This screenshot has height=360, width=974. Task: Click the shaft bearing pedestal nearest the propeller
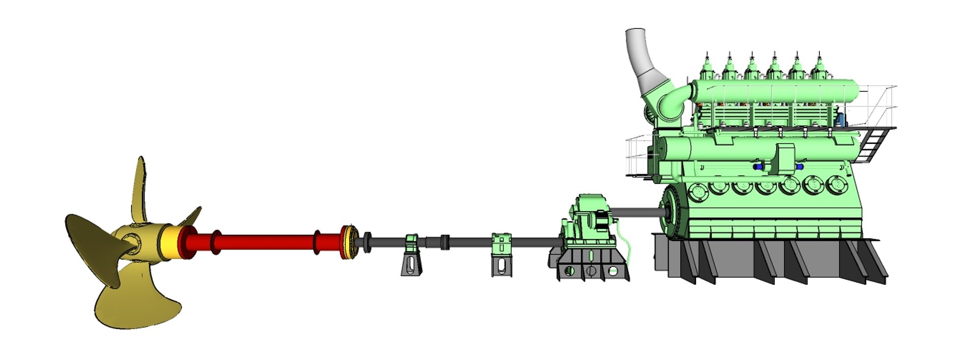[x=411, y=256]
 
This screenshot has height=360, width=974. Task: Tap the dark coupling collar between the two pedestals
[x=445, y=242]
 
